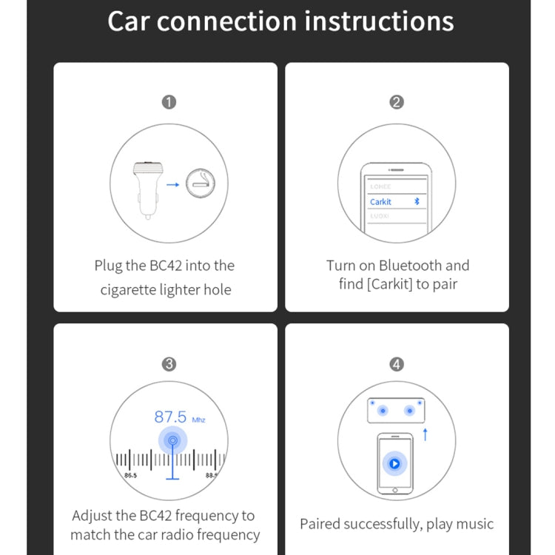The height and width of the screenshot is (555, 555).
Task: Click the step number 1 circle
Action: [169, 102]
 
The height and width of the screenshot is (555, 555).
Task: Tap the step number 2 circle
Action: [397, 102]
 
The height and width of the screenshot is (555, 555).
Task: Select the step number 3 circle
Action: [169, 364]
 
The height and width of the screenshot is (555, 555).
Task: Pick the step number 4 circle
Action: [397, 364]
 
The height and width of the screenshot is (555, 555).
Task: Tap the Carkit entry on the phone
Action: [381, 201]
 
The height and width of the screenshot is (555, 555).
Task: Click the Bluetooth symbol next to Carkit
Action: [417, 201]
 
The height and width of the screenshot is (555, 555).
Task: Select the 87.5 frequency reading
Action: [170, 417]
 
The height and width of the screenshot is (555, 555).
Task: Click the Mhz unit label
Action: [198, 420]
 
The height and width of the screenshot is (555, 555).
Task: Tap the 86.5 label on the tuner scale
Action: [130, 474]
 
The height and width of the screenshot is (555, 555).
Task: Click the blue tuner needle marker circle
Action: [172, 441]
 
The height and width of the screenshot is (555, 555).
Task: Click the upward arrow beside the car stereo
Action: [425, 434]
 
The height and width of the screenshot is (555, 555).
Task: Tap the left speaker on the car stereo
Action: [382, 410]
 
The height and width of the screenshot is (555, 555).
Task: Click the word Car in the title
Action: [129, 21]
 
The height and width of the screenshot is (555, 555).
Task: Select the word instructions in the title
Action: [379, 21]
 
